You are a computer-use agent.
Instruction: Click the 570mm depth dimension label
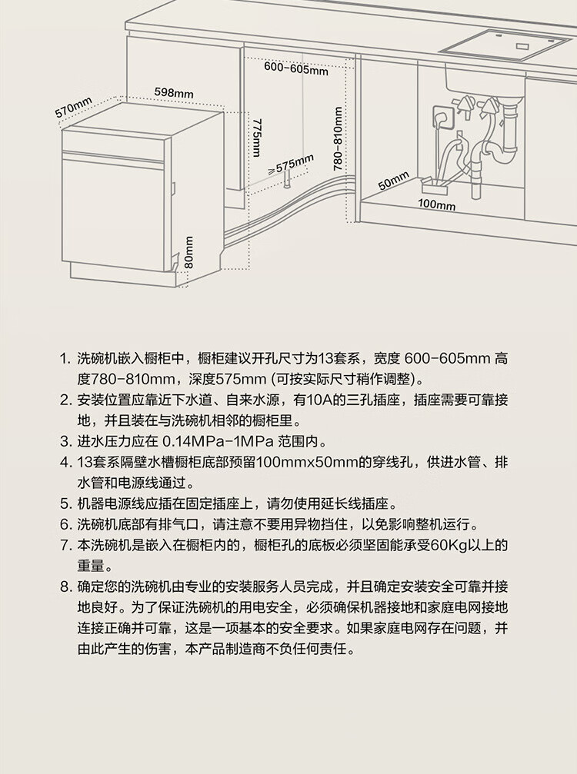coord(73,108)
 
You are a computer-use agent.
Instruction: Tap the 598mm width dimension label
coord(173,93)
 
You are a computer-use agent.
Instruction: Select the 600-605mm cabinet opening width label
coord(296,69)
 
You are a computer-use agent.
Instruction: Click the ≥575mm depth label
coord(291,164)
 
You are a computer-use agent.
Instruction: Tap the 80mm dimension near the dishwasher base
coord(189,251)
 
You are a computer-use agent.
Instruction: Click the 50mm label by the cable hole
coord(393,181)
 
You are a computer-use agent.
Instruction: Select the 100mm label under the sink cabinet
coord(436,205)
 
